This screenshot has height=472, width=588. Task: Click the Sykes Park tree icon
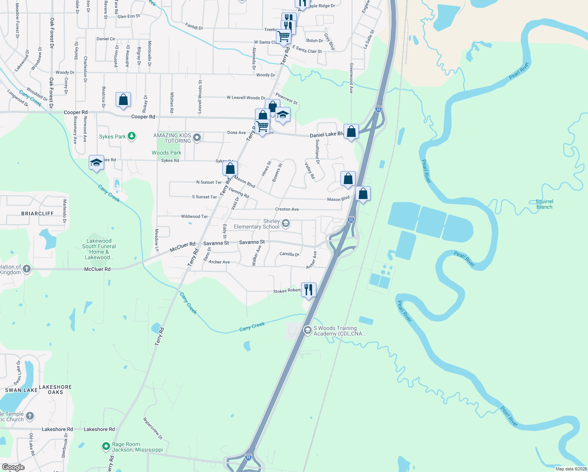coord(132,136)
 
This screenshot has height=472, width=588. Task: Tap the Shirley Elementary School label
coord(256,224)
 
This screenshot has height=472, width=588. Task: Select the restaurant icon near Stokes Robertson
coord(309,290)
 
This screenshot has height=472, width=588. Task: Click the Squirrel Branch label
coord(544,204)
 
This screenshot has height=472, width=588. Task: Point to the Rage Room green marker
coord(106,446)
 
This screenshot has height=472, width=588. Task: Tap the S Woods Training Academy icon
coord(307,330)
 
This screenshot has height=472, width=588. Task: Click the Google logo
coord(13,467)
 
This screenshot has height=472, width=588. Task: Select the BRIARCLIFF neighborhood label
coord(37,214)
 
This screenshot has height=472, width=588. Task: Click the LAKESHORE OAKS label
coord(55,389)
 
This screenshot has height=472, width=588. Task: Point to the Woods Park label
coord(167,153)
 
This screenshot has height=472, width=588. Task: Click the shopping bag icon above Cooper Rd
coord(123,100)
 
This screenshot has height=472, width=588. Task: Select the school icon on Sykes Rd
coord(96,162)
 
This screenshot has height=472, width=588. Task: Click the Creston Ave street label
coord(287,209)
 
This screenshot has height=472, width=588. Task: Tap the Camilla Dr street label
coord(289,254)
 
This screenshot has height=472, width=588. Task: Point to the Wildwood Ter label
coord(194,216)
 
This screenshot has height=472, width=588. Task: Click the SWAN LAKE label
coord(21,390)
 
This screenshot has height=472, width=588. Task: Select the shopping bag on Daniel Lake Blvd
coord(351,131)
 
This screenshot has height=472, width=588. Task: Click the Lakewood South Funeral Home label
coord(99,249)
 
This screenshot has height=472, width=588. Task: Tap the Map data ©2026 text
coord(571,468)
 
